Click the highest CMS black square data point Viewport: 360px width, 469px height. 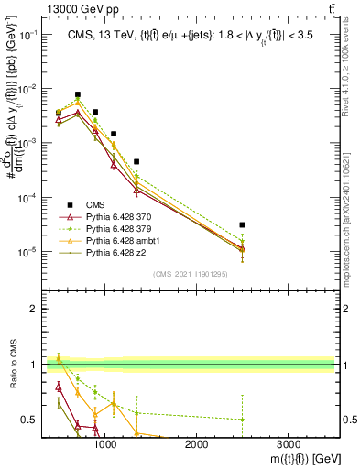[78, 94]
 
